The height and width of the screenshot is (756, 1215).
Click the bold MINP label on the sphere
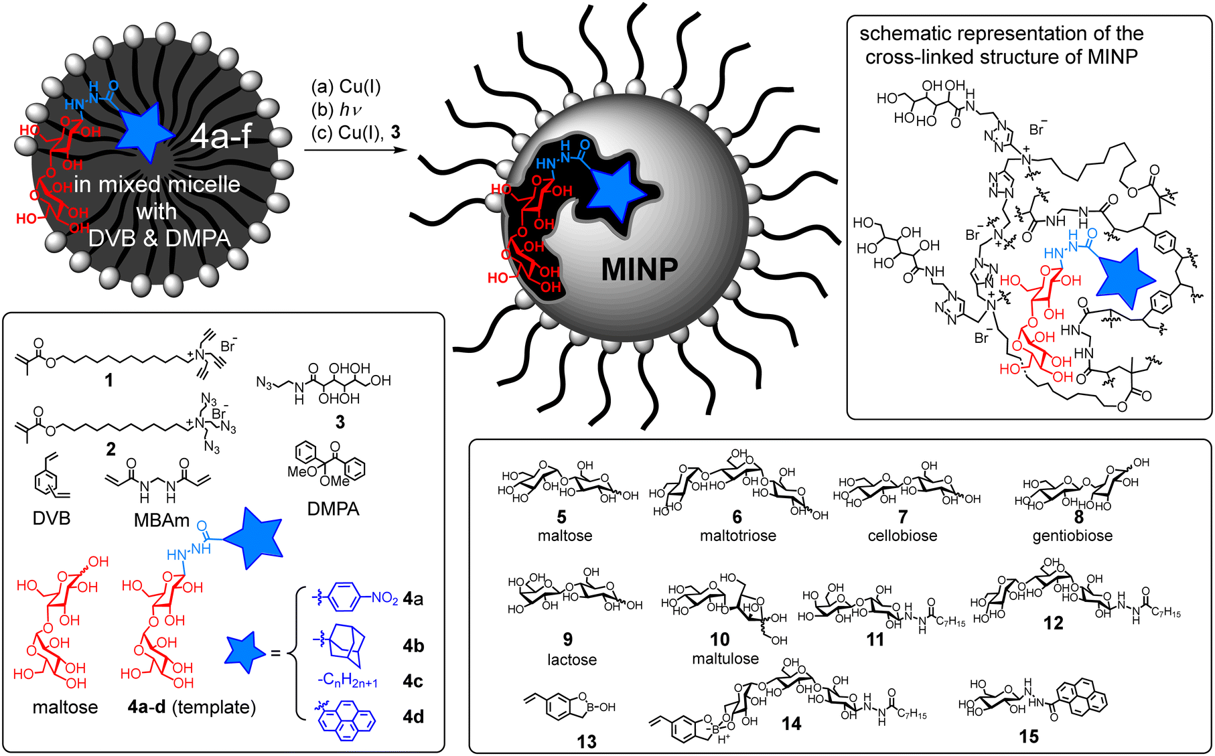[639, 269]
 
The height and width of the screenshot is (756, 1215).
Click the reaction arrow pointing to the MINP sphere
[356, 149]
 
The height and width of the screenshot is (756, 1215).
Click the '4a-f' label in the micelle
[220, 137]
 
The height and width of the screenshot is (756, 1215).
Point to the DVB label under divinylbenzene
[52, 518]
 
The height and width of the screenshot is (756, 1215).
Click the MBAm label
[161, 520]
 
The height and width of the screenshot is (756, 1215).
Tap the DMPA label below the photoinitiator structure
[333, 509]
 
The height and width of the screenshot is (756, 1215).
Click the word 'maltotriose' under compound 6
[737, 536]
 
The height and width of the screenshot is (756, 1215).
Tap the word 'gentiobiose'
[1072, 536]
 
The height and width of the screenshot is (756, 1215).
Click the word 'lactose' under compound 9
[571, 660]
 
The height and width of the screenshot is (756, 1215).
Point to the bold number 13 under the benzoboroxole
[586, 741]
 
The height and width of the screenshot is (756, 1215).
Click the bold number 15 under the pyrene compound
[1028, 737]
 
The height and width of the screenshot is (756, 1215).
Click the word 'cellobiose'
[902, 536]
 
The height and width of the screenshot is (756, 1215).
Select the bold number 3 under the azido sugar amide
[340, 422]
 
